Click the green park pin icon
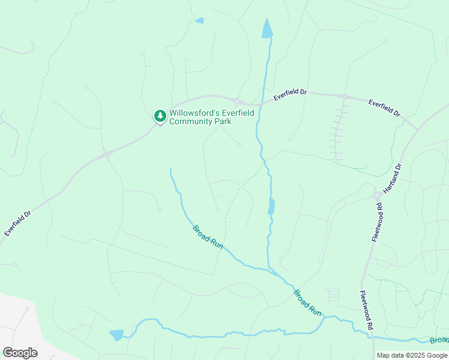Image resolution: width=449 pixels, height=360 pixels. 160,115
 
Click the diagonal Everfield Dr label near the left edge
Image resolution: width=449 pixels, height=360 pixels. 17,223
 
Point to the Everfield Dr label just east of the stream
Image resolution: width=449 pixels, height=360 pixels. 290,94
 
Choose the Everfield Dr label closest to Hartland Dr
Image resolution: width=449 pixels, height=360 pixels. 385,108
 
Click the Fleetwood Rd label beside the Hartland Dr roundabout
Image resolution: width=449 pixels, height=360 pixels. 376,223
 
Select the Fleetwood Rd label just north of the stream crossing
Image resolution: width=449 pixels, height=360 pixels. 367,310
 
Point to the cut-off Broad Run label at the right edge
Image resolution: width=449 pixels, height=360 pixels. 439,340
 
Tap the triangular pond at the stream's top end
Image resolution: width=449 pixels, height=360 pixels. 267,28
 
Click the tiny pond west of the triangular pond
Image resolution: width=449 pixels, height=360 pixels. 199,20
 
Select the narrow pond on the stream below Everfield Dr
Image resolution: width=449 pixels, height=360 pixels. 271,206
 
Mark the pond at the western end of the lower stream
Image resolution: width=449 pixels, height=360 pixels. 116,334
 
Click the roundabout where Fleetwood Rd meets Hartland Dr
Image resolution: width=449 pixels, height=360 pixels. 378,194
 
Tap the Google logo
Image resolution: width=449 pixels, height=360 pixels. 20,352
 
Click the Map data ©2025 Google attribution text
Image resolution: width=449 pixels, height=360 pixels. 411,355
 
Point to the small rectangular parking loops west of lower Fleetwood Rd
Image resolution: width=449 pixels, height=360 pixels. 332,294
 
